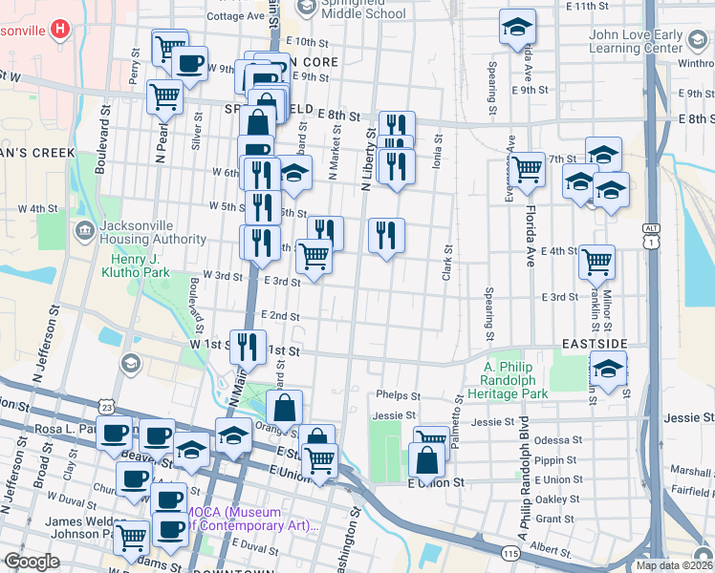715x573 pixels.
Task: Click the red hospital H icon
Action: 60,29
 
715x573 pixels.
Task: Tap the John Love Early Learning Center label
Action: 661,42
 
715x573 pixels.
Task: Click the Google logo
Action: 32,562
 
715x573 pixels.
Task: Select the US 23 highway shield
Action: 105,408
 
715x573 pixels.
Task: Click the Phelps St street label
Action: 399,395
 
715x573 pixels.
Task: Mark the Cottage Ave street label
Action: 235,16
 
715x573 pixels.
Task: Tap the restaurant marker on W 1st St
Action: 249,346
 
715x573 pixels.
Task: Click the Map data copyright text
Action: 673,565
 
